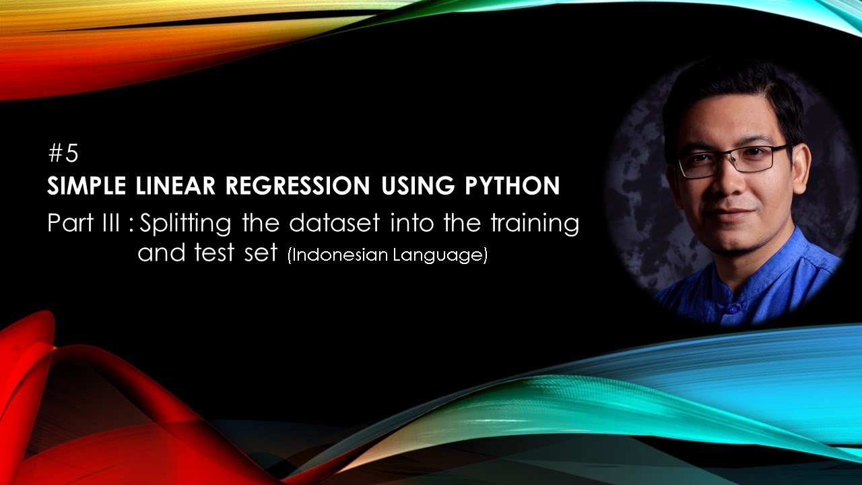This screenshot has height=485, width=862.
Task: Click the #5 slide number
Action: (x=64, y=154)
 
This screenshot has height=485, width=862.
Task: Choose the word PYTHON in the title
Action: (x=509, y=186)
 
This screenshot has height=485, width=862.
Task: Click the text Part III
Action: (x=84, y=223)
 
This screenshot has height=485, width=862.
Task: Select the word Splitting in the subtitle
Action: (x=185, y=224)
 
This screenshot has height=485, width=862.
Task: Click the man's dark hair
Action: (x=727, y=91)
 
